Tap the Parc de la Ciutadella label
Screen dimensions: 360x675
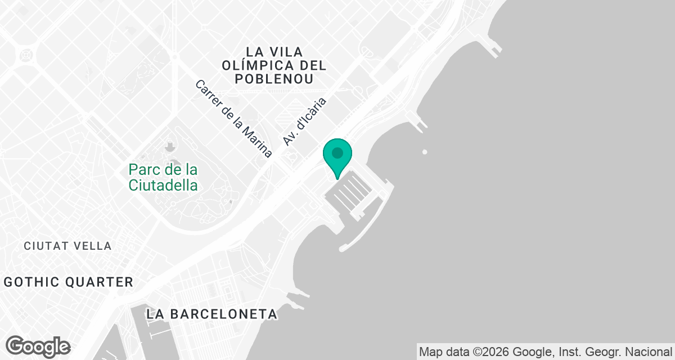pyautogui.click(x=163, y=177)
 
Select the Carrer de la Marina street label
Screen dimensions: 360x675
pyautogui.click(x=233, y=119)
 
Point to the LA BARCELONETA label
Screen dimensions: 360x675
pyautogui.click(x=211, y=314)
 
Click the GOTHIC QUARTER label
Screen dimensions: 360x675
pyautogui.click(x=69, y=282)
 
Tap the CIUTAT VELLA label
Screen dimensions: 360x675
pyautogui.click(x=67, y=246)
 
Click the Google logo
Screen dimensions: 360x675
pyautogui.click(x=38, y=346)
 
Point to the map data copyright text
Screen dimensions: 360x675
pyautogui.click(x=546, y=352)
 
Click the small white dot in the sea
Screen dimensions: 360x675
pyautogui.click(x=425, y=151)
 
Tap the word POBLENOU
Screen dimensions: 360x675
pyautogui.click(x=274, y=79)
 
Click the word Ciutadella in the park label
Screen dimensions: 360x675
pyautogui.click(x=163, y=185)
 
